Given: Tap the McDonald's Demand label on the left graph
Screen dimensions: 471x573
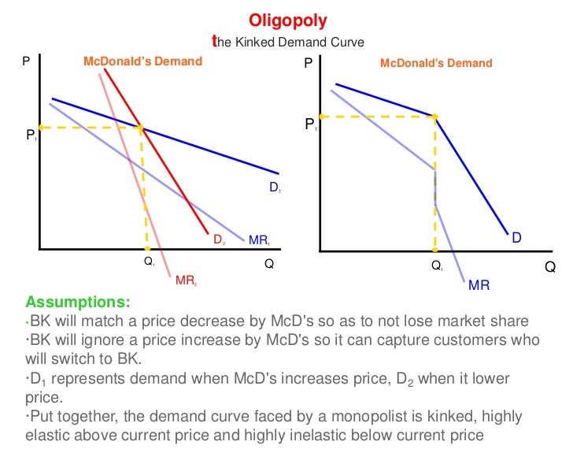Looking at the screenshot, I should [138, 61].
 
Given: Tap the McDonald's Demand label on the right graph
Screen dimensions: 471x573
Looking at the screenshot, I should [436, 63].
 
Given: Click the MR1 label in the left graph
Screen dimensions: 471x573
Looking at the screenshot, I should [259, 240].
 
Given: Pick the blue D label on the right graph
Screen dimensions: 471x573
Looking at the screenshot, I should [517, 237].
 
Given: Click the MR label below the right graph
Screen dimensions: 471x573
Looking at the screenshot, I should [479, 284].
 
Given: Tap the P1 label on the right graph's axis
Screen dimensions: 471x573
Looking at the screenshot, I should [312, 124].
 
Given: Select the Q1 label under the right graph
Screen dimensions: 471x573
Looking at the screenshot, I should [437, 266].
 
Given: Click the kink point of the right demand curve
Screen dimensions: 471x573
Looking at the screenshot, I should [435, 116].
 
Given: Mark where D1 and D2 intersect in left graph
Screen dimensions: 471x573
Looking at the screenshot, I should [141, 127].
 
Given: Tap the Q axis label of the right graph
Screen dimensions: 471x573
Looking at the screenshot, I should [549, 267].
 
